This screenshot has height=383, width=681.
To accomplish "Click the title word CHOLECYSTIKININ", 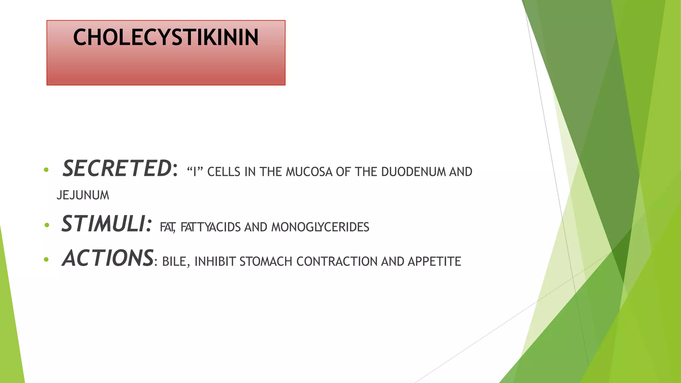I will (166, 37).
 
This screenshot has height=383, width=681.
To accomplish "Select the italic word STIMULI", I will (103, 224).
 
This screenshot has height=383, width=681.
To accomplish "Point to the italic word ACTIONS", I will (108, 258).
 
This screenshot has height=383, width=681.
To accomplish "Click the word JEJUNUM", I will (83, 195).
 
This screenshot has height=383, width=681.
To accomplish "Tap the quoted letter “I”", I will (195, 172).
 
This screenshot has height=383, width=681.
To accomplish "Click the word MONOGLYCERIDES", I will (320, 227).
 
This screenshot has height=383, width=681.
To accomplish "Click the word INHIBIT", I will (215, 262).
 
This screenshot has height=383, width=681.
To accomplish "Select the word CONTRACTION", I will (337, 262).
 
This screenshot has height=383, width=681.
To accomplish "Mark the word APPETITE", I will (434, 262).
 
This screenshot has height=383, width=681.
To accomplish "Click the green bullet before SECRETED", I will (46, 170).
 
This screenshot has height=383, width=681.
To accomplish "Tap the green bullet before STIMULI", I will (47, 225).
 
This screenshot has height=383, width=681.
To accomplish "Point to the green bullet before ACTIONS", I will (46, 260).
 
